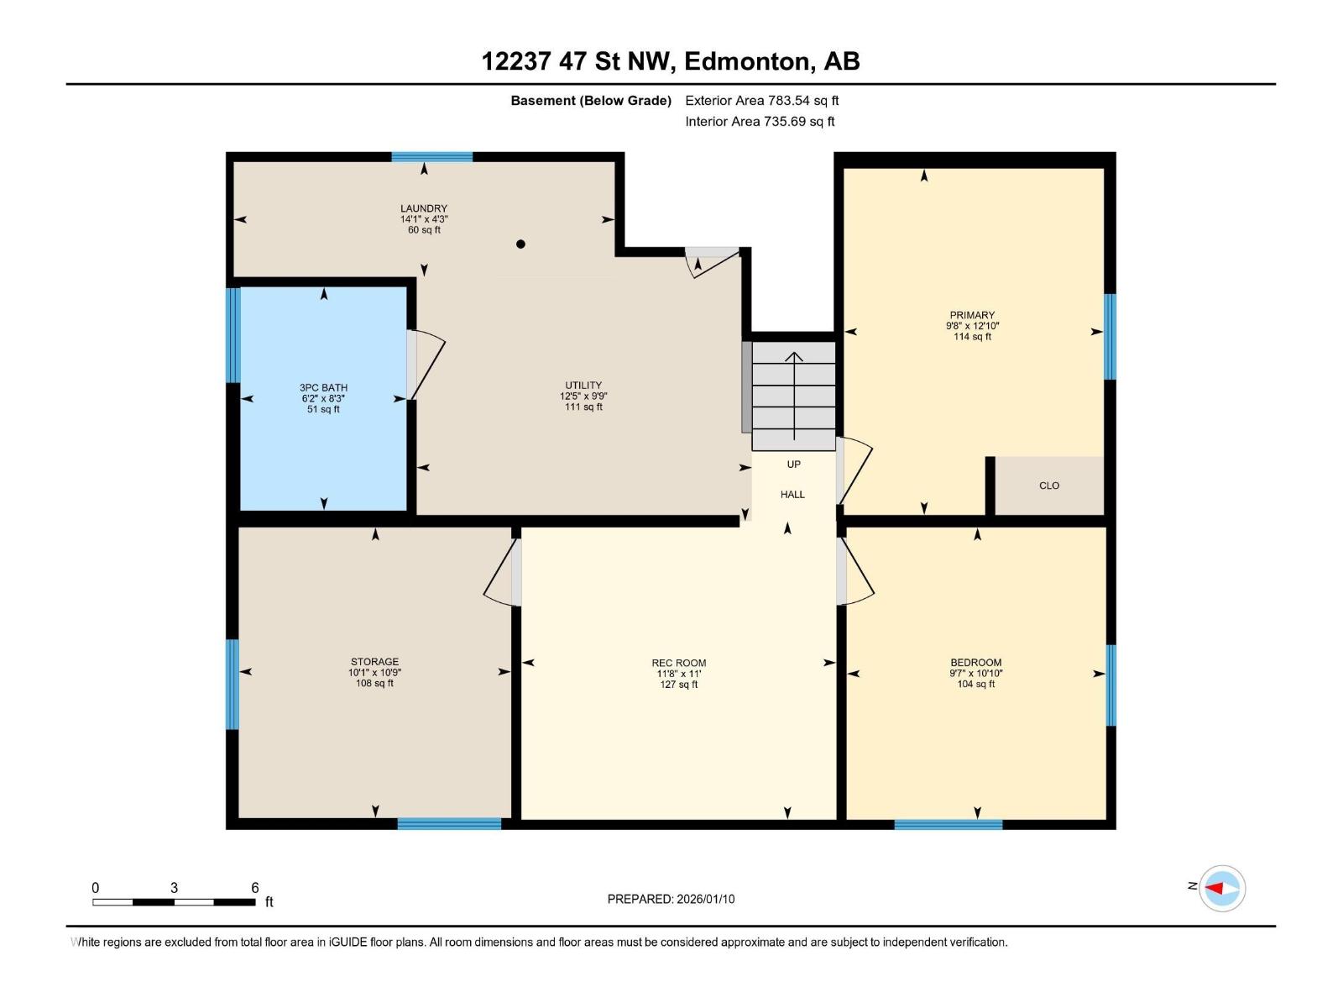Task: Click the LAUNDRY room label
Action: pos(424,208)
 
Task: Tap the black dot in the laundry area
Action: pos(520,244)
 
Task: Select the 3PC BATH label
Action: pos(323,388)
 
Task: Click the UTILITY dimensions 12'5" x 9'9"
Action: pos(583,396)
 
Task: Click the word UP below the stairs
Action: pos(793,465)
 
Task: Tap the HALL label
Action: pos(792,495)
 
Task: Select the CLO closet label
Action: pos(1049,486)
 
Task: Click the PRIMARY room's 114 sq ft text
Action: pos(972,337)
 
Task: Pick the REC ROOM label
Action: pos(679,663)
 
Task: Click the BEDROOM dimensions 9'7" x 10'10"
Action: pos(976,674)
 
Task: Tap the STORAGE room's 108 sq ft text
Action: pos(374,684)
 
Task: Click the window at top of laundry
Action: pos(432,157)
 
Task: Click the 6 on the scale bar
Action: pos(255,888)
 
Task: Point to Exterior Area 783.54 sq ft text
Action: pos(761,101)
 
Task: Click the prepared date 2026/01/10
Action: pos(704,899)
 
